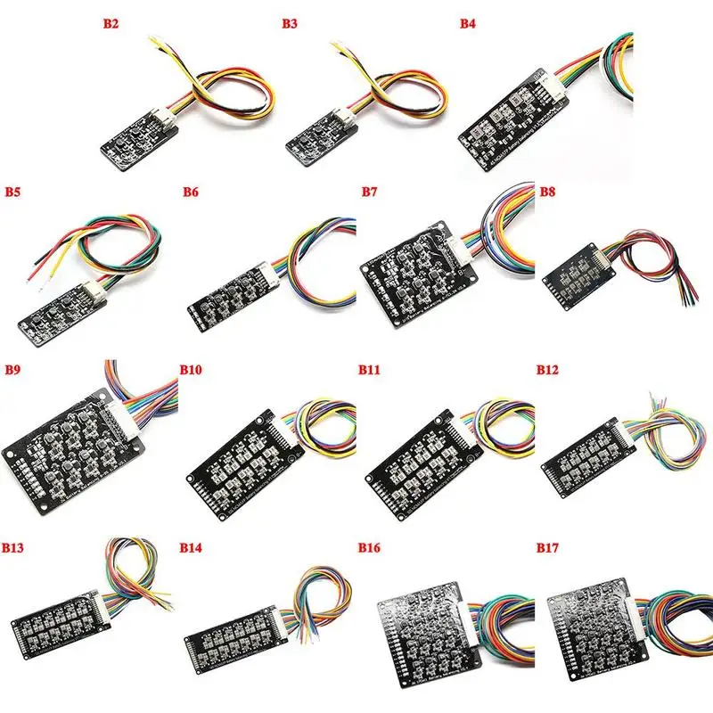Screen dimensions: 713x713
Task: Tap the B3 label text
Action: click(x=290, y=24)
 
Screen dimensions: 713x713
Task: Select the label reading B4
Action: click(x=468, y=24)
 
